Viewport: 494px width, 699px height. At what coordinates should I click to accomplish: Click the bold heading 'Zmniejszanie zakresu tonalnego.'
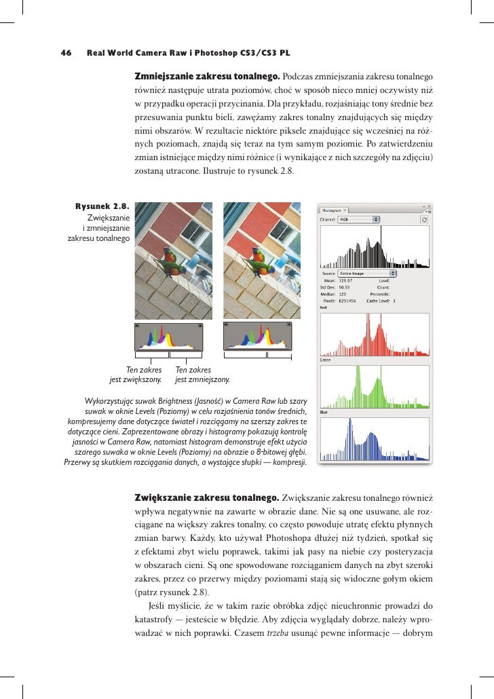[208, 74]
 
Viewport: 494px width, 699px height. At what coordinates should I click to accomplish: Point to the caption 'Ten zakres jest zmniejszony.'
[202, 375]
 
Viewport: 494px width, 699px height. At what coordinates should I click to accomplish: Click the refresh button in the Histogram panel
[424, 220]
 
